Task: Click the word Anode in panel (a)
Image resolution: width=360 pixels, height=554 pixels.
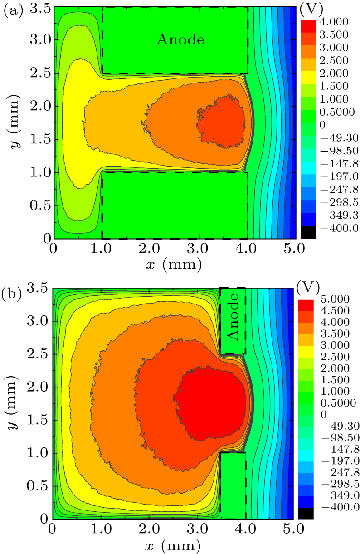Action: pyautogui.click(x=180, y=39)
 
